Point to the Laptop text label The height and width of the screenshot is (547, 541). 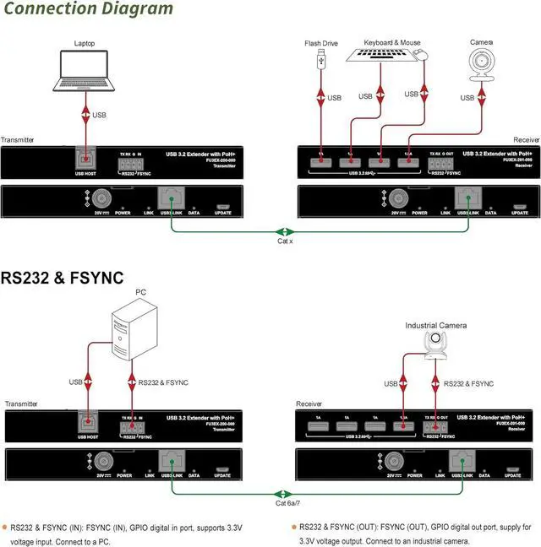(85, 42)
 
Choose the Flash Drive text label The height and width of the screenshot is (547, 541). (321, 42)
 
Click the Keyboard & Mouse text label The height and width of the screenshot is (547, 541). (391, 42)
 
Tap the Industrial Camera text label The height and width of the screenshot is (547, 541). (435, 325)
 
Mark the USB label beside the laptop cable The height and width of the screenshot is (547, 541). (100, 115)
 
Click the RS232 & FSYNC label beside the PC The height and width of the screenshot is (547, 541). (165, 382)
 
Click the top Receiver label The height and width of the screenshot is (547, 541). (526, 139)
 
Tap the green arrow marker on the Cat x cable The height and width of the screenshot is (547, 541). (285, 231)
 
